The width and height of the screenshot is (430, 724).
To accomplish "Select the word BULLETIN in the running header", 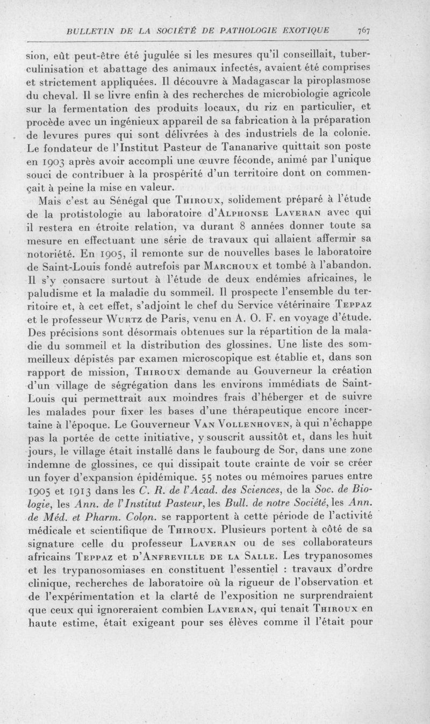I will coord(88,30).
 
